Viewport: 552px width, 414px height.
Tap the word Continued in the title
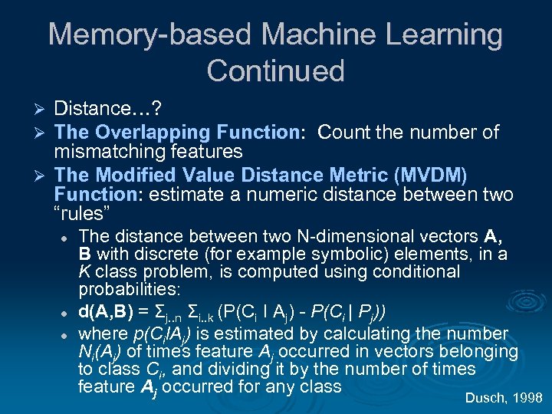click(275, 71)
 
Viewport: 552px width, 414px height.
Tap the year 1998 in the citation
click(527, 397)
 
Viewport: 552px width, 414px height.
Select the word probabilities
click(128, 291)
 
